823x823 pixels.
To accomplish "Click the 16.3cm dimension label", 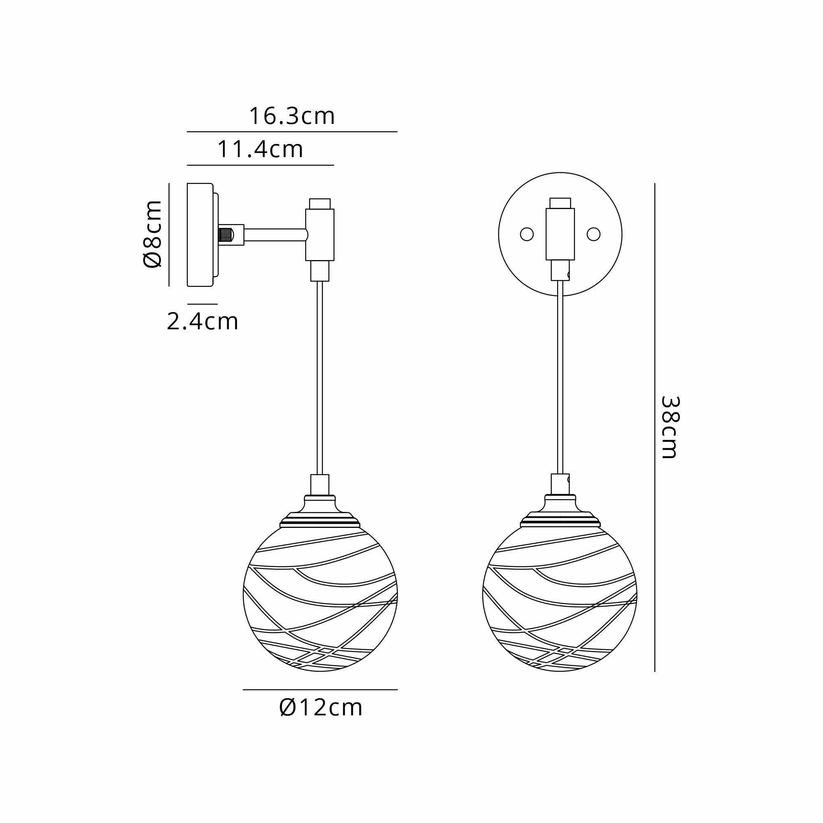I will (292, 116).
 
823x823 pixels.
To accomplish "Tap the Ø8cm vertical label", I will (153, 234).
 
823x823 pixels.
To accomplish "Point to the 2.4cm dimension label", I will (202, 322).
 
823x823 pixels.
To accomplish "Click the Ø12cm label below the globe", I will (321, 707).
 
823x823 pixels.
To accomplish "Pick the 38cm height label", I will (669, 427).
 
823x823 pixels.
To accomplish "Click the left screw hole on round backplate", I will (527, 234).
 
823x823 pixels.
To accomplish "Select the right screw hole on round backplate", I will (593, 234).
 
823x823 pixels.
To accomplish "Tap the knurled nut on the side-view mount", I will (226, 235).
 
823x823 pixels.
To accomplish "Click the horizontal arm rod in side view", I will (275, 235).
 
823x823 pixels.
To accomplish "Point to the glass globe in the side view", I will (320, 601).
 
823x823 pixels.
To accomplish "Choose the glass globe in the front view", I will (560, 601).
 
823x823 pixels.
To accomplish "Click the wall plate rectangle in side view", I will (200, 235).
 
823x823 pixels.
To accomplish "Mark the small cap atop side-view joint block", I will (319, 203).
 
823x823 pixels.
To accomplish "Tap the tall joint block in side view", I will (319, 234).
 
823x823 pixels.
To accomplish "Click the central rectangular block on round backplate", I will (560, 234).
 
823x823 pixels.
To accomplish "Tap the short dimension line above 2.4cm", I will (202, 304).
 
